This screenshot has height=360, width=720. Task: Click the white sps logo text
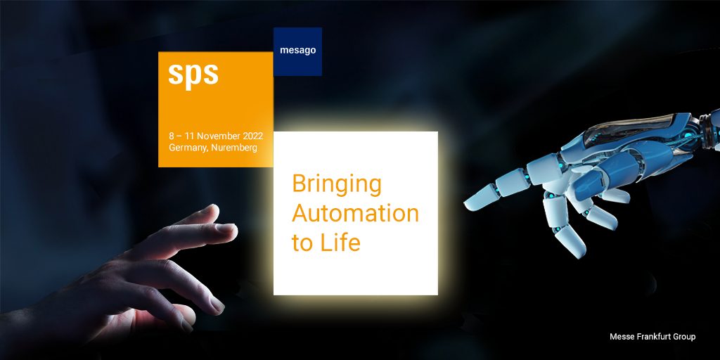(193, 75)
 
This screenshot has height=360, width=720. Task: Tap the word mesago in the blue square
(298, 51)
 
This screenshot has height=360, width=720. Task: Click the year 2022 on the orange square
(253, 136)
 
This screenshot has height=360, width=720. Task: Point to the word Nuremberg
(234, 148)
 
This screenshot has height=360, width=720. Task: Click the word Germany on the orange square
(188, 148)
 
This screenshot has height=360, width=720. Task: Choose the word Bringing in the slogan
(337, 185)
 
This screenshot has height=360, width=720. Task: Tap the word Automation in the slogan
(355, 213)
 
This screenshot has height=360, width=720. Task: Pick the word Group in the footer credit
(685, 337)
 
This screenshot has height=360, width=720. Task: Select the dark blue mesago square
(297, 51)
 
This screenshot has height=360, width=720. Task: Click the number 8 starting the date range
(172, 136)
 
